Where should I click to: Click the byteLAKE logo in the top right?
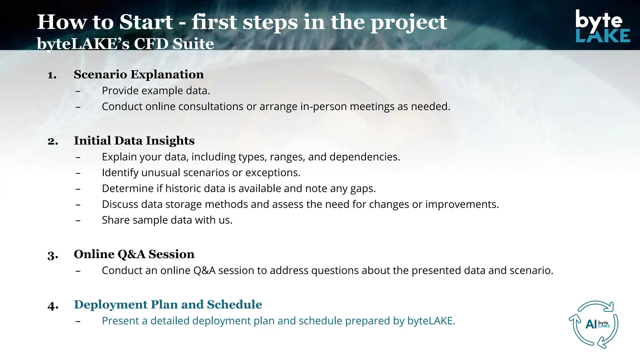point(602,26)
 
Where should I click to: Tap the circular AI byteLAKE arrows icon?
point(593,324)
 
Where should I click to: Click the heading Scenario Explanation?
point(139,75)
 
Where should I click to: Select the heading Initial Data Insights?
point(134,141)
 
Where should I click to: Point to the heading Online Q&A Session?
point(134,254)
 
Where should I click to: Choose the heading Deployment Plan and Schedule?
point(168,305)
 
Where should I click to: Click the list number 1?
point(52,75)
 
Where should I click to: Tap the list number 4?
point(53,306)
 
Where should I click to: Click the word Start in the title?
point(146,22)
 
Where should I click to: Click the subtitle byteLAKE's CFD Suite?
point(125,44)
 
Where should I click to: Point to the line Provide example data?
point(156,91)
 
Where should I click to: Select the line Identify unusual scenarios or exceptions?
point(201,173)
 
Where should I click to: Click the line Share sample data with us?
point(167,220)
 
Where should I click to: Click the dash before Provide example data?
point(78,91)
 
